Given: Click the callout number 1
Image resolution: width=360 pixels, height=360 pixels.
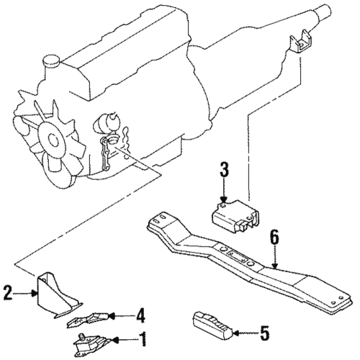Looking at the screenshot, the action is pos(143,339).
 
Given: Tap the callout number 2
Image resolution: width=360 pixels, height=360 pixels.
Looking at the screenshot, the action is pos(8,292).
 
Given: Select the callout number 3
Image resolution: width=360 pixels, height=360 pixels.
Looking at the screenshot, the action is pos(224,170).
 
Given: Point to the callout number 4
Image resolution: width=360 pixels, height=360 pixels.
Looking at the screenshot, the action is pos(140,315).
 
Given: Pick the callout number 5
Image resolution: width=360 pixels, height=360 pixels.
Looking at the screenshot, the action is pos(264,333).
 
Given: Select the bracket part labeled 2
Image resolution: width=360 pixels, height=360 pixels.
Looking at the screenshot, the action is pos(58,296).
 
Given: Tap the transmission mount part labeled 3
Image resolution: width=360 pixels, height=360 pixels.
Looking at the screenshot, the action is pos(235,217).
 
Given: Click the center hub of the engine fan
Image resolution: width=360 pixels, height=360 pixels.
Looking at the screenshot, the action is pos(53,140).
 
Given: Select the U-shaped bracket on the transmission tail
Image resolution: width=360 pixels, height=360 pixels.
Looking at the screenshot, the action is pos(301,44).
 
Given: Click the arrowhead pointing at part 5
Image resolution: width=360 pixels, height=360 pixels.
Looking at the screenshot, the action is pos(236,333).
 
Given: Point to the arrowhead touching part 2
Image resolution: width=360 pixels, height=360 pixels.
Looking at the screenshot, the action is pos(35,293).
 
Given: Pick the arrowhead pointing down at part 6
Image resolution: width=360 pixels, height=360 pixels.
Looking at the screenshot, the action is pos(275,265).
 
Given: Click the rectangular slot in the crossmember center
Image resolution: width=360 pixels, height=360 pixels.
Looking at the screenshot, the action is pos(238,256).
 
